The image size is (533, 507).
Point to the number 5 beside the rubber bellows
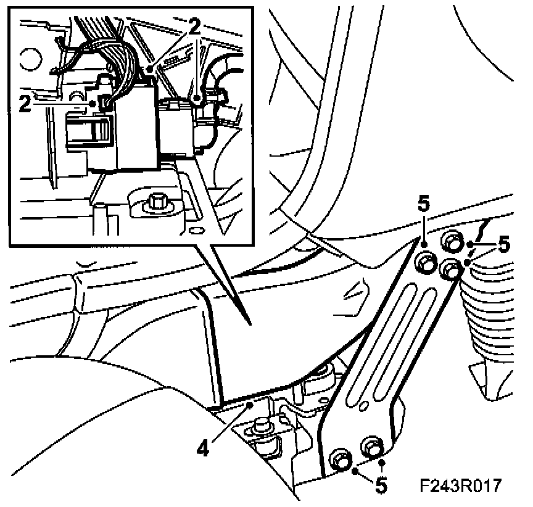tap(504, 245)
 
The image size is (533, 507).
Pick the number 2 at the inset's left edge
tap(25, 103)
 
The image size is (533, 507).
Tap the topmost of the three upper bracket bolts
tap(453, 243)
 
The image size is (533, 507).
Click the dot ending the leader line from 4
tap(250, 405)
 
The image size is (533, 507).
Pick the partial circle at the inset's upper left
tap(28, 59)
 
